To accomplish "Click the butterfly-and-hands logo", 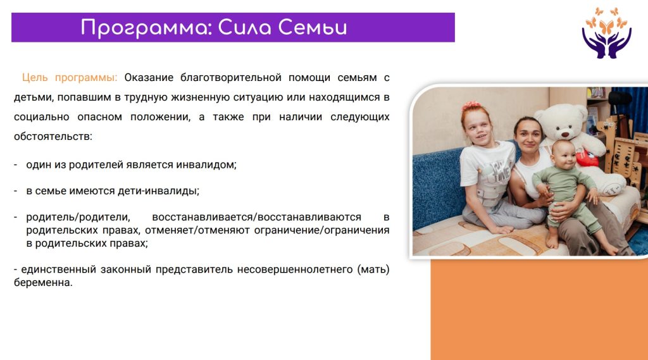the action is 606,33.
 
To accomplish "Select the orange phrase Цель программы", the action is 70,78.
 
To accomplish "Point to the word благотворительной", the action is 230,78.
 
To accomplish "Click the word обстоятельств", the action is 53,136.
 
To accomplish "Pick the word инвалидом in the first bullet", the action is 206,164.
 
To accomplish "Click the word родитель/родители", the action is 78,218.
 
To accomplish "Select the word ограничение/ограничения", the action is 321,230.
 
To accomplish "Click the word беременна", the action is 43,283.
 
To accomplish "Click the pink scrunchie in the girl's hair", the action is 471,106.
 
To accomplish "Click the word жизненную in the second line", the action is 199,97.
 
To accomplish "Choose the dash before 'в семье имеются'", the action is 16,190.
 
